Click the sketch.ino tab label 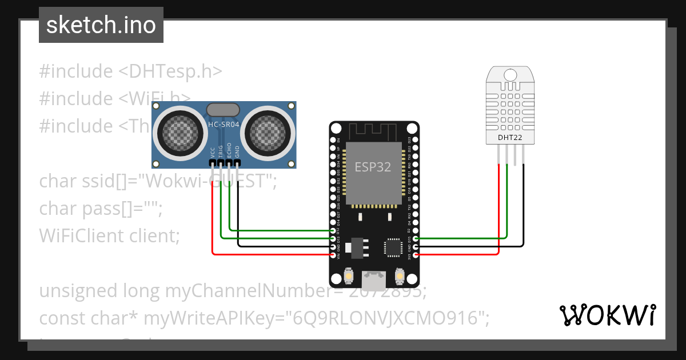coord(101,25)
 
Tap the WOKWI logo coord(607,315)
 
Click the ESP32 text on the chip coord(373,167)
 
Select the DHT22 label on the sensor coord(510,137)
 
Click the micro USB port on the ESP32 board coord(374,279)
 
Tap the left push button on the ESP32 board coord(349,277)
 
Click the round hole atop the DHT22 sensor coord(510,74)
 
